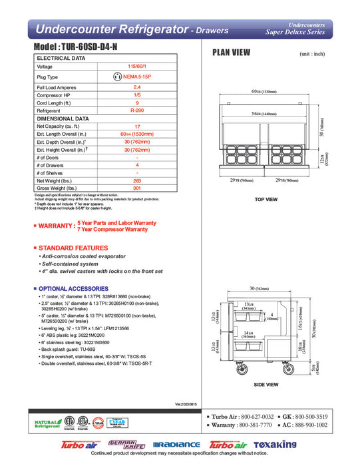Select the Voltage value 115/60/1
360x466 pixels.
pos(137,67)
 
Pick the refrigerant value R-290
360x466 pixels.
pos(137,111)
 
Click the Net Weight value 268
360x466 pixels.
pos(137,181)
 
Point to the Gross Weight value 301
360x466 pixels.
pos(137,188)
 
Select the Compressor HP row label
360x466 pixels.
pos(54,95)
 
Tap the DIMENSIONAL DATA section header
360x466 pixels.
pos(64,118)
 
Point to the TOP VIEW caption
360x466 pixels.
pos(266,199)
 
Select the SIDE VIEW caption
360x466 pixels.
pos(266,385)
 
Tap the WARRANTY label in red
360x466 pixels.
pos(56,226)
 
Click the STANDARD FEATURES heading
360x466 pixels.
pos(73,248)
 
